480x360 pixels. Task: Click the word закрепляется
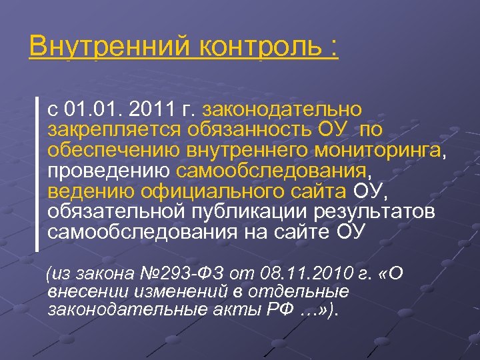pos(113,129)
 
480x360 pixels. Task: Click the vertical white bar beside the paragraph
pos(37,173)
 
